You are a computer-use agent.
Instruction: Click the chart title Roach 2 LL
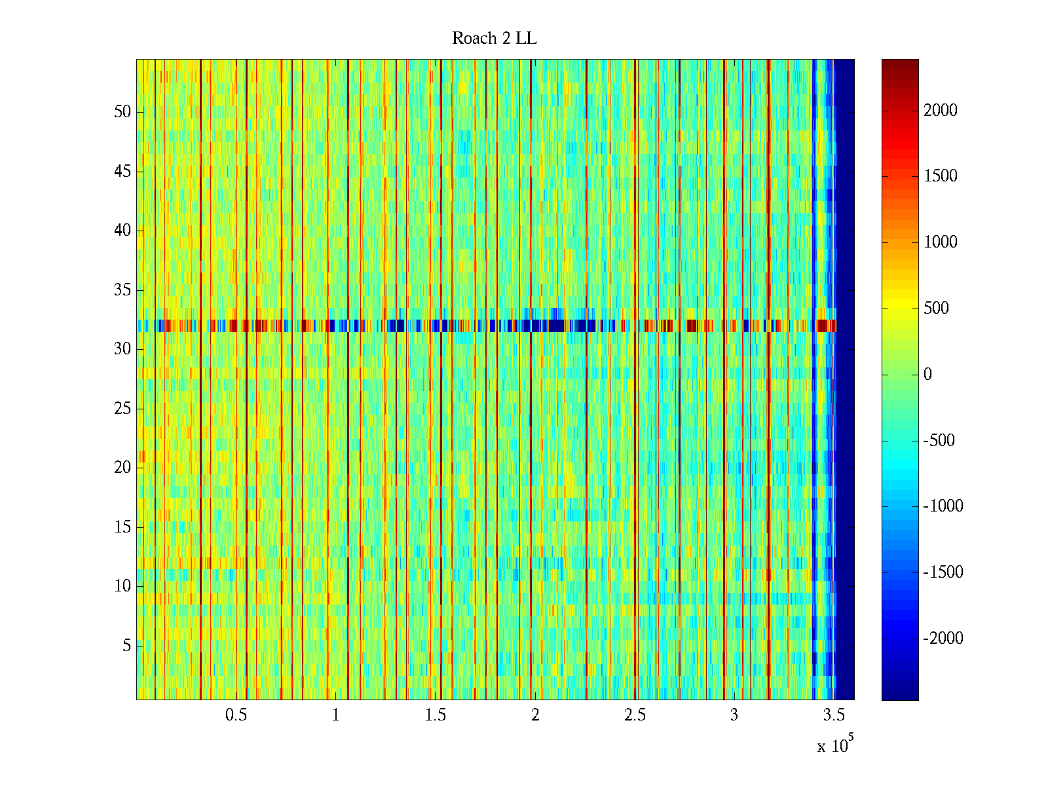point(494,39)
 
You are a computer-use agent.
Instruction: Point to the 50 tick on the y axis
point(122,112)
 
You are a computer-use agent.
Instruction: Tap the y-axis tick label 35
point(122,290)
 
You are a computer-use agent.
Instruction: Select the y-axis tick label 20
point(122,468)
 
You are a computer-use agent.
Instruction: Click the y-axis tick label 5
point(126,646)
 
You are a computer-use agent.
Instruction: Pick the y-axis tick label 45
point(122,172)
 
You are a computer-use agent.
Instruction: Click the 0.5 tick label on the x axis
point(236,715)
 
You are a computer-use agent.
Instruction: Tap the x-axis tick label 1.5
point(435,715)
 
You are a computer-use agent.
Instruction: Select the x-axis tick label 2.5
point(635,715)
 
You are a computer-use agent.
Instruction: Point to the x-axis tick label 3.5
point(834,715)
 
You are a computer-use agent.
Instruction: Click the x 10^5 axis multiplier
point(834,745)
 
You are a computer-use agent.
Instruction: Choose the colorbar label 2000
point(941,111)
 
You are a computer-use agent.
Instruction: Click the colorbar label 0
point(927,375)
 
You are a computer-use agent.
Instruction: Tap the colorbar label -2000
point(943,639)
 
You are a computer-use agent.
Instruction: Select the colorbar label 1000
point(941,242)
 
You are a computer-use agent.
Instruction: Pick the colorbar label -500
point(939,441)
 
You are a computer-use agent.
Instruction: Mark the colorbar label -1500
point(943,572)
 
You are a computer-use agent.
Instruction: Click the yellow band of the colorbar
point(899,308)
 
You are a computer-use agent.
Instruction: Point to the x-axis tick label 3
point(734,715)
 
